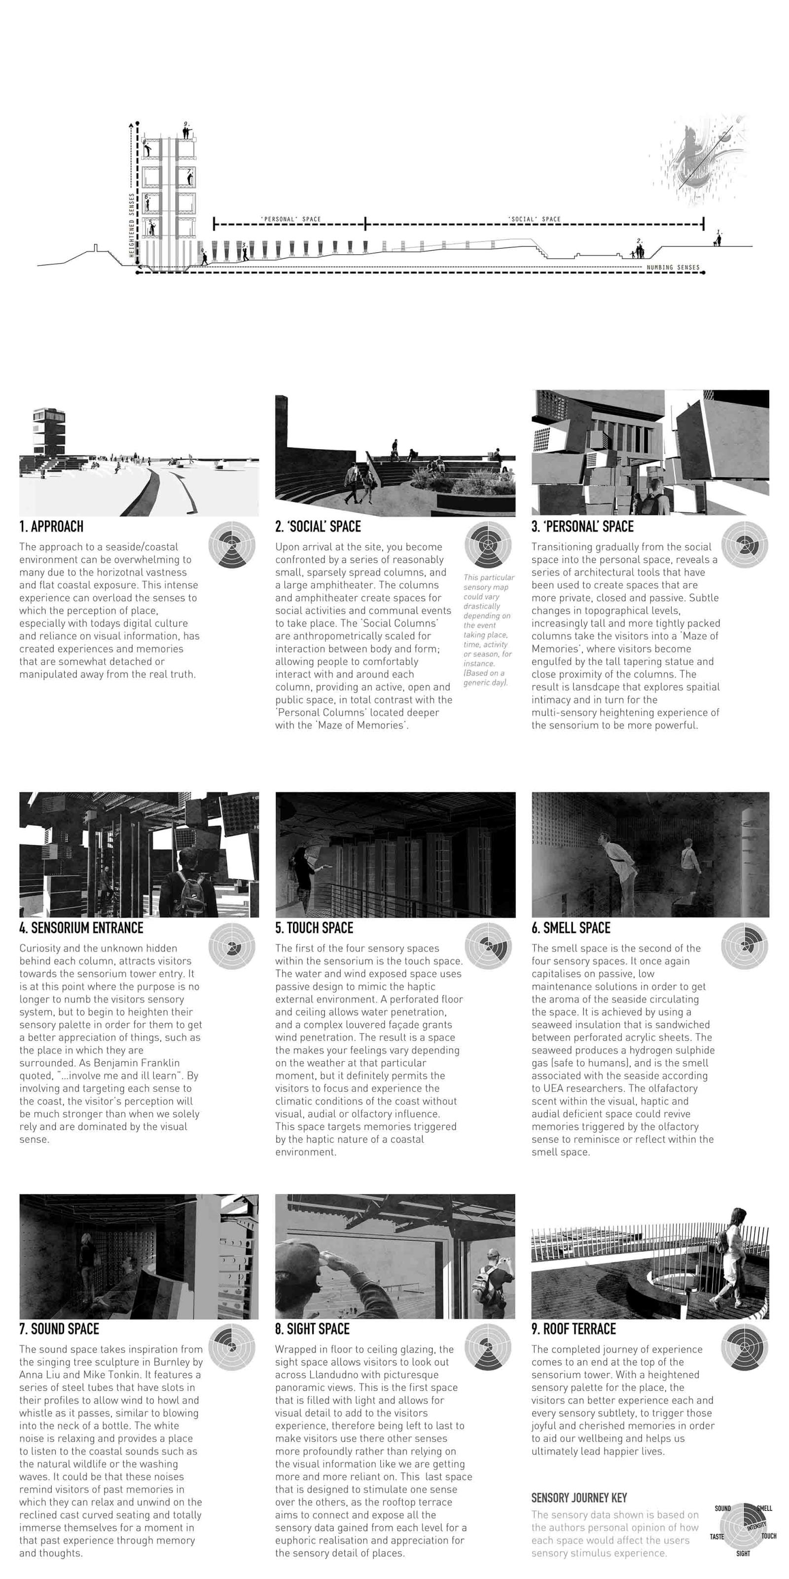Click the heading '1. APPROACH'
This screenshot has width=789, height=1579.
tap(51, 527)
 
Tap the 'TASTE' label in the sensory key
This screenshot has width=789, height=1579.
tap(717, 1537)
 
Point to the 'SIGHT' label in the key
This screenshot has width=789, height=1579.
tap(743, 1554)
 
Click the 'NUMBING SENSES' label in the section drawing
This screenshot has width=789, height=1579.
tap(673, 267)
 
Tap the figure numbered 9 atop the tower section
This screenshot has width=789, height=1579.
tap(187, 131)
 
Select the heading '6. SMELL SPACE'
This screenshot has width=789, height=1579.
tap(571, 928)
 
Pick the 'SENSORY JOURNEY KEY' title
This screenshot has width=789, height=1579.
tap(579, 1498)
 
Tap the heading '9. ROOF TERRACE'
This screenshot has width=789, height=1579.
tap(574, 1329)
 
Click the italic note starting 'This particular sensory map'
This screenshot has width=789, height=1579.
tap(488, 629)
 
